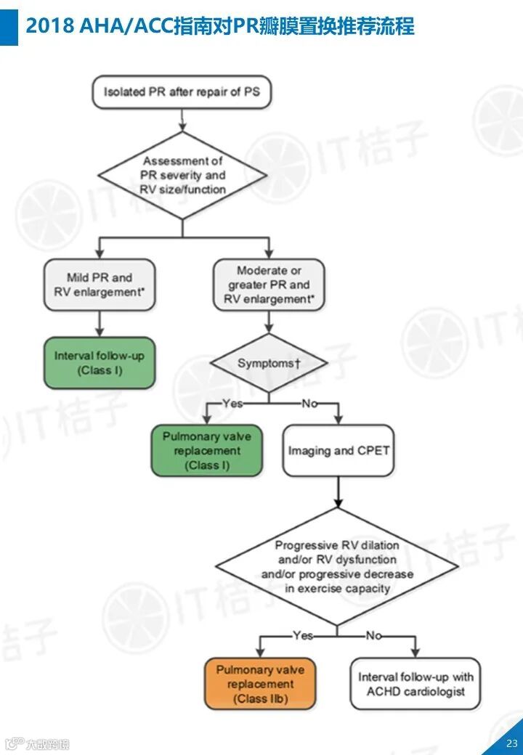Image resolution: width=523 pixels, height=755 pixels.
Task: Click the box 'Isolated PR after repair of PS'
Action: pos(182,92)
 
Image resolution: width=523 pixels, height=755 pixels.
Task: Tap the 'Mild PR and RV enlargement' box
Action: pos(100,285)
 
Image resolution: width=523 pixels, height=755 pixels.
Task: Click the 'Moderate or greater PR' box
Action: pos(269,285)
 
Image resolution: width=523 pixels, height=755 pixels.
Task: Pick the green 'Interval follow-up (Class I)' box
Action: pos(100,363)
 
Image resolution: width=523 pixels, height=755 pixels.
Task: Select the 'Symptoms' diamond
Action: pos(269,363)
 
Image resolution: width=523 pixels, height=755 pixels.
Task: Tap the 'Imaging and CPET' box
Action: pos(338,451)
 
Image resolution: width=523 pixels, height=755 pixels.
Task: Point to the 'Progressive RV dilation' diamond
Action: pos(337,566)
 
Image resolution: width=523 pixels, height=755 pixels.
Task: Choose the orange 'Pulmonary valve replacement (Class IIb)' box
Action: pos(261,684)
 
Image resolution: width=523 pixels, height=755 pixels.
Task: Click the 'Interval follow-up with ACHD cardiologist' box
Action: pos(415,684)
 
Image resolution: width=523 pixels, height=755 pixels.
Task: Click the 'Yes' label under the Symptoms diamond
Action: pos(232,403)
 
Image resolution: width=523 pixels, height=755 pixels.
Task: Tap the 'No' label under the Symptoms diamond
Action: pos(309,403)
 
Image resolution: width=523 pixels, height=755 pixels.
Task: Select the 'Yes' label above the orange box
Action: pos(303,635)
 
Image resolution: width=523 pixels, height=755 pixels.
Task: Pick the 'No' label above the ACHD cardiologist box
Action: pos(373,635)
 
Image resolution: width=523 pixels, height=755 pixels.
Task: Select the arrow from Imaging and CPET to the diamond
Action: pos(338,492)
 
